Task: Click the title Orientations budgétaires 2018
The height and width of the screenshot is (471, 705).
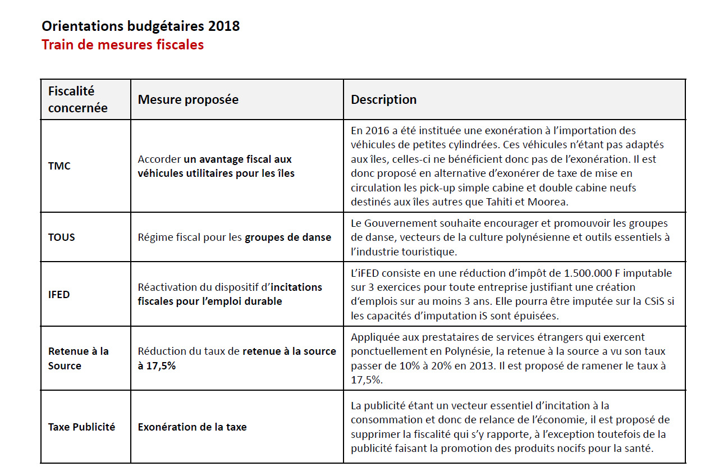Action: tap(140, 26)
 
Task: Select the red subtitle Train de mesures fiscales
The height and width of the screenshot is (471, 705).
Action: tap(122, 44)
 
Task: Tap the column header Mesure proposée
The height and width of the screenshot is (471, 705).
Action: tap(188, 99)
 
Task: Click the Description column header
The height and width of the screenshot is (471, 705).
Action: tap(383, 99)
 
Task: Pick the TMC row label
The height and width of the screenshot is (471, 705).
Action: tap(59, 166)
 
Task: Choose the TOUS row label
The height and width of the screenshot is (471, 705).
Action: tap(61, 237)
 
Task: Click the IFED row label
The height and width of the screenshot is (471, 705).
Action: tap(59, 294)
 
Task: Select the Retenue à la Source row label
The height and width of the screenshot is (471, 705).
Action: tap(78, 358)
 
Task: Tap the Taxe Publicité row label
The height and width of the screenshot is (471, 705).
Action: tap(81, 427)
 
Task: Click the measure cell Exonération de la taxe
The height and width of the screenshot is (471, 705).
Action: tap(192, 427)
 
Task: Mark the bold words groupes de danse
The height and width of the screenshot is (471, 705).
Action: tap(288, 237)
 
